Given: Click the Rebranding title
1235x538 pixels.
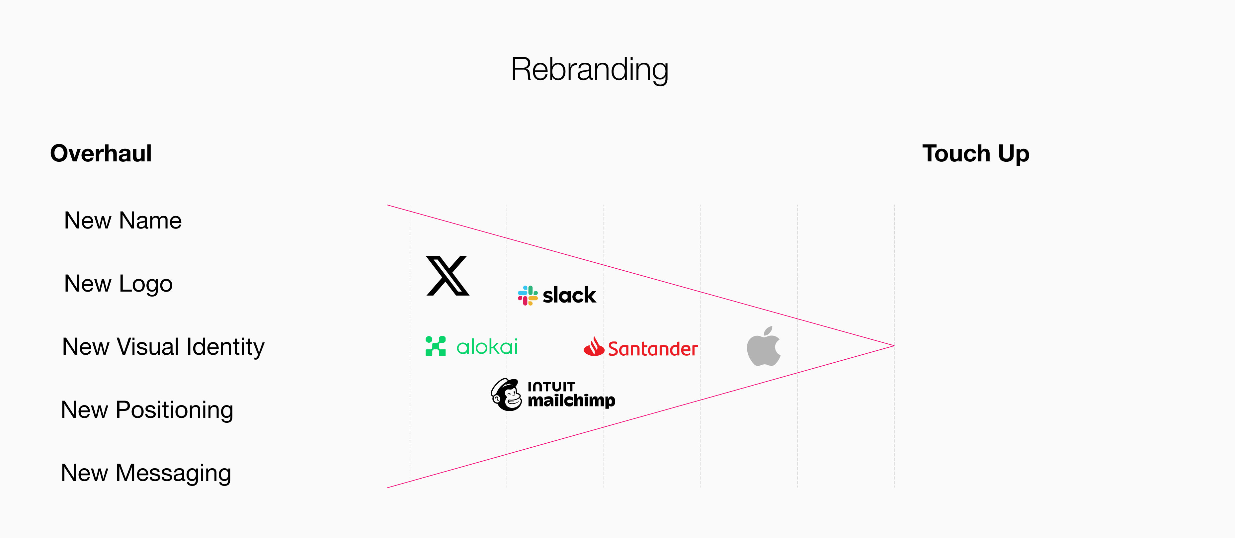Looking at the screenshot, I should [x=589, y=69].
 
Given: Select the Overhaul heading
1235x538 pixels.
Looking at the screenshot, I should [x=101, y=153].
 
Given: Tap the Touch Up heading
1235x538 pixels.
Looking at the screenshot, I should [x=976, y=153].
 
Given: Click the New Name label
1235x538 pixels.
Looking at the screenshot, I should [x=123, y=221].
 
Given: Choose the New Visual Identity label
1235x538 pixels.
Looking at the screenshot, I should [x=163, y=347].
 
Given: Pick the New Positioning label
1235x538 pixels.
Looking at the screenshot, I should [x=147, y=410].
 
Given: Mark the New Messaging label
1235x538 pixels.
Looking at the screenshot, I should [x=146, y=473].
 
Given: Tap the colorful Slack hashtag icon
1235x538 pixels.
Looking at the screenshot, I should [x=528, y=295].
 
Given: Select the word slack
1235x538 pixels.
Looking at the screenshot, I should [x=569, y=295].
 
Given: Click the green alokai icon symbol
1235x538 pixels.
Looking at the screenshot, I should [x=435, y=346].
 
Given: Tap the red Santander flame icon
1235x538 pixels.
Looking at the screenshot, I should [x=594, y=347].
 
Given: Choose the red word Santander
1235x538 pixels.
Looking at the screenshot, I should [x=652, y=349].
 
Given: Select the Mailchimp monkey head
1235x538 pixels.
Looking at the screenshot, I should [x=506, y=395].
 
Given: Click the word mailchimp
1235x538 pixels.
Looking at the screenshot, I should [x=571, y=401].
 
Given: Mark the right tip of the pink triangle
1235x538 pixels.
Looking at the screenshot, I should [x=893, y=346].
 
